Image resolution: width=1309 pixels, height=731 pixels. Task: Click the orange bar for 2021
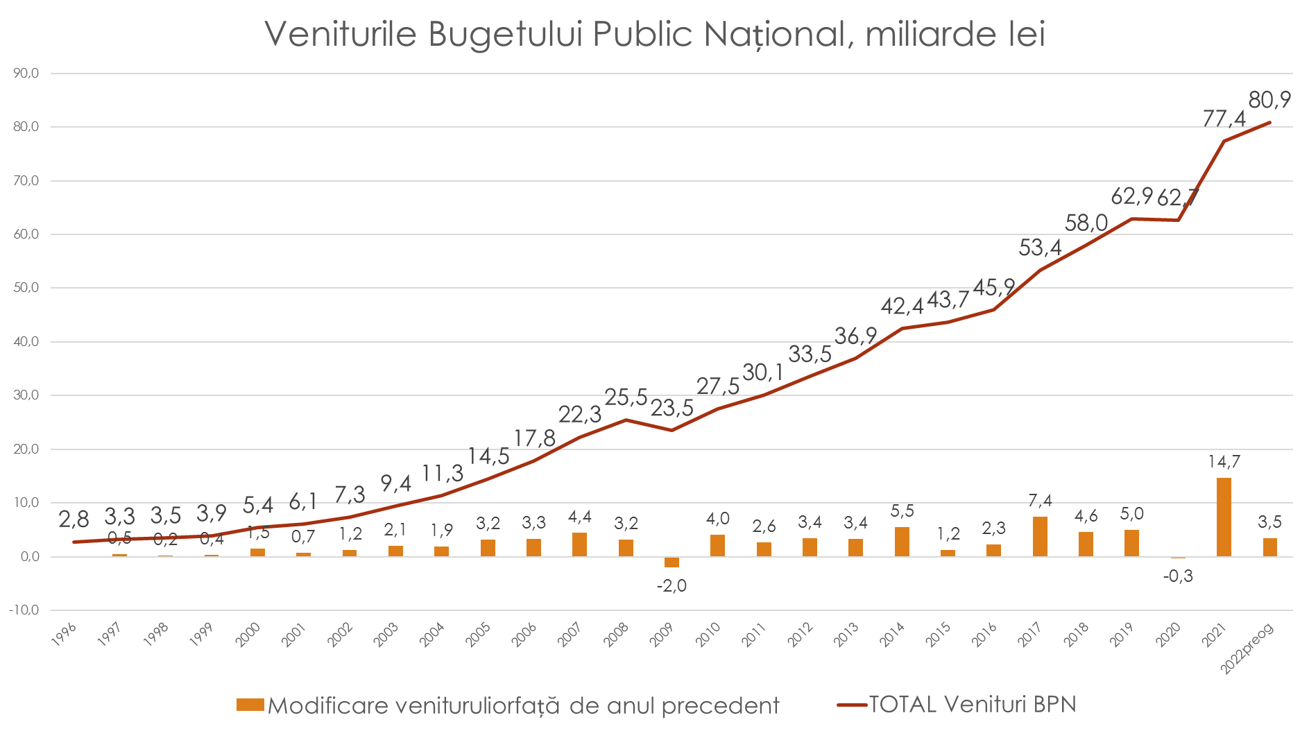[1224, 517]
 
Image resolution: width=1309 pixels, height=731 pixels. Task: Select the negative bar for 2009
[671, 562]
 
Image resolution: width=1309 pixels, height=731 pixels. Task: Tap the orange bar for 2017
[1040, 536]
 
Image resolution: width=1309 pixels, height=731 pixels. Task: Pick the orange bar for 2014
[902, 542]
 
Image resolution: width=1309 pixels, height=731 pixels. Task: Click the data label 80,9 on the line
[1269, 101]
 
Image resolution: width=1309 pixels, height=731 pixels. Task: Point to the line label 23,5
[671, 409]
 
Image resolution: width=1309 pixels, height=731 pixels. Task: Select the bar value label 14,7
[1224, 462]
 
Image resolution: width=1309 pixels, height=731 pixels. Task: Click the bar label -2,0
[671, 586]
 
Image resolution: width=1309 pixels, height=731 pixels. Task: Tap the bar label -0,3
[1178, 576]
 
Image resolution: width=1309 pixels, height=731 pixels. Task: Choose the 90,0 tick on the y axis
[26, 74]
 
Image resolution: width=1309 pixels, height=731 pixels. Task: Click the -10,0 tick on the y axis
[24, 610]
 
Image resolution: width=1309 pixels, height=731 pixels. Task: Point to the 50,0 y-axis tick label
[26, 288]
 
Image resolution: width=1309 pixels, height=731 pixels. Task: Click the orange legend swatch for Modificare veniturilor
[250, 705]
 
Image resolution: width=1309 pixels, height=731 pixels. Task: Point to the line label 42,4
[902, 306]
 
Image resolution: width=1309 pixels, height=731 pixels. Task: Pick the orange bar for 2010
[717, 546]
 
